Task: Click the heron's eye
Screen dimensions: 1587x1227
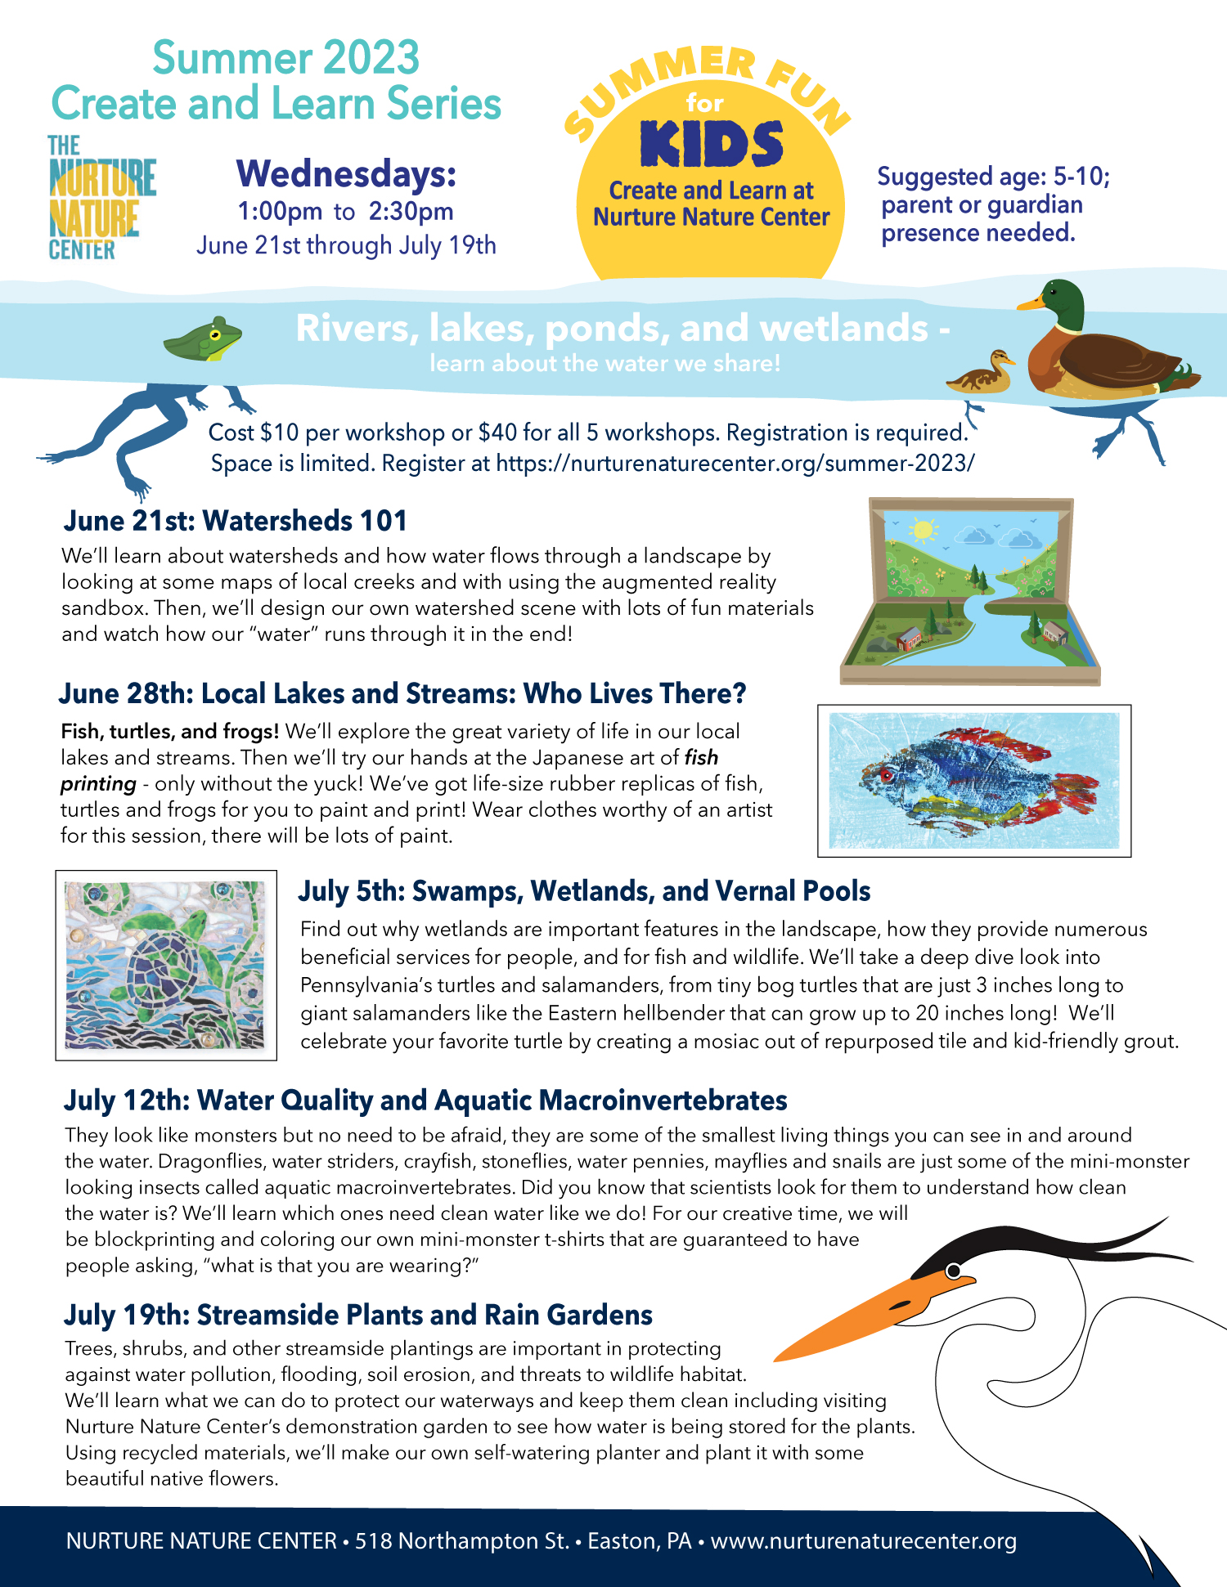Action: click(953, 1271)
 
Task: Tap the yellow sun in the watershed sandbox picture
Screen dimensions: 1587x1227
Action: click(924, 530)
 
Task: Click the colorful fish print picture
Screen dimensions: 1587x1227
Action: click(973, 781)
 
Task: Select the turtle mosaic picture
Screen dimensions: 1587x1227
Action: click(166, 965)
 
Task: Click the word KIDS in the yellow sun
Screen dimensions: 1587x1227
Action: click(712, 145)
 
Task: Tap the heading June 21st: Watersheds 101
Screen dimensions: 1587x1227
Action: click(236, 521)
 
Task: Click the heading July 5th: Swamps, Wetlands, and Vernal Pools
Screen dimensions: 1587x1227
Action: click(584, 891)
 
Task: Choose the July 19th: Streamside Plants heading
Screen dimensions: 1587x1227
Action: click(358, 1315)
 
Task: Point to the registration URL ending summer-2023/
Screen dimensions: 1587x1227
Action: click(735, 464)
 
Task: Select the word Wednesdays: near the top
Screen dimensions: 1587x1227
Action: click(346, 173)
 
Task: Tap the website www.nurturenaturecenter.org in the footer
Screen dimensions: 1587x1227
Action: click(863, 1541)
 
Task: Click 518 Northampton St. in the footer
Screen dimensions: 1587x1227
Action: click(461, 1541)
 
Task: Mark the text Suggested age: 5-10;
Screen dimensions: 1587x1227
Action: click(993, 177)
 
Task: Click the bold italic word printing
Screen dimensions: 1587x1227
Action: click(98, 784)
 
